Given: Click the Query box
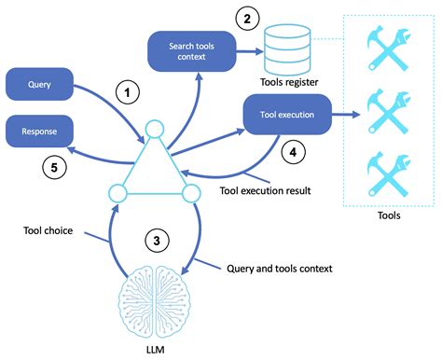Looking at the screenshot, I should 39,84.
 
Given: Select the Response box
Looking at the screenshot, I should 39,132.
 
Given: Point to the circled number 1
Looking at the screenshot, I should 127,92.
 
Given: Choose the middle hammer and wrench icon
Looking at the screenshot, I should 387,113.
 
